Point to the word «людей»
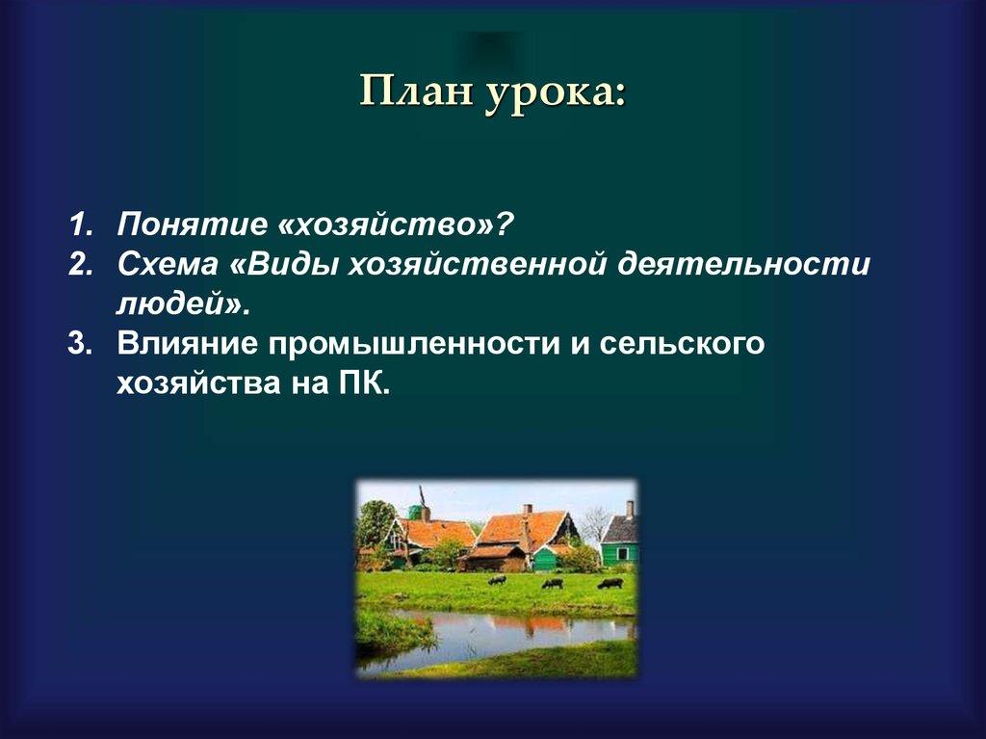[177, 304]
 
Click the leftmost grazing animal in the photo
[497, 580]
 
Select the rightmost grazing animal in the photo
[610, 583]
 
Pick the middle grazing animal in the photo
[552, 583]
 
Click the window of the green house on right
[620, 553]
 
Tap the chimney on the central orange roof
[527, 510]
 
